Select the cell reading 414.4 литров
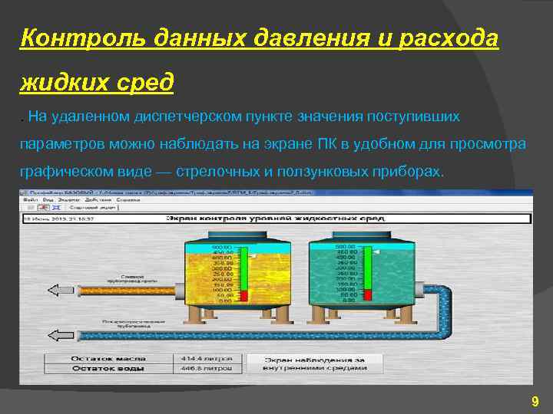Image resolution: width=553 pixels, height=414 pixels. [201, 358]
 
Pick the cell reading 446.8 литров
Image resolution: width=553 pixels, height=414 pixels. [201, 368]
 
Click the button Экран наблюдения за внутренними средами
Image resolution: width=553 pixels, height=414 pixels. [315, 363]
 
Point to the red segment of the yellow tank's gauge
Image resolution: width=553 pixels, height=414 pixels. [243, 296]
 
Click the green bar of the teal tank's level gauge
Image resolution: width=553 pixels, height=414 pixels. [367, 268]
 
